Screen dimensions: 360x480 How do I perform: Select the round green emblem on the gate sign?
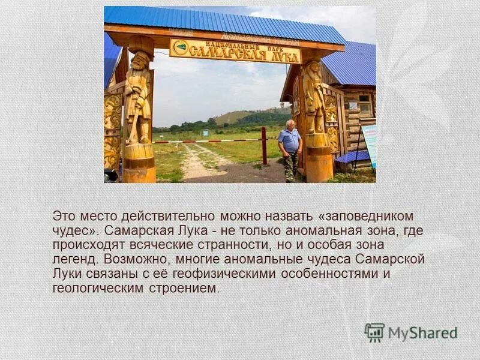pos(181,47)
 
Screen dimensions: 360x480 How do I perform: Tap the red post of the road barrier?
pos(264,146)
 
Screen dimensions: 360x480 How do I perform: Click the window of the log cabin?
pos(365,106)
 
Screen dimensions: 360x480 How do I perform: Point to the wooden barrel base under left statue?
pos(139,163)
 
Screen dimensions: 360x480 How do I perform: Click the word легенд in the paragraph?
pos(74,259)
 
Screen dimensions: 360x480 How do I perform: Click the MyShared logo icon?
pos(374,332)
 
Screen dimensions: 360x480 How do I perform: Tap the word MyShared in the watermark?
pos(422,333)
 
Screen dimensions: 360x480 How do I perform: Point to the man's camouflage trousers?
pos(289,167)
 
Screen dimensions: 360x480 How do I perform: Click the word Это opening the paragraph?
pos(64,215)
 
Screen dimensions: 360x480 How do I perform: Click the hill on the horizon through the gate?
pos(240,116)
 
